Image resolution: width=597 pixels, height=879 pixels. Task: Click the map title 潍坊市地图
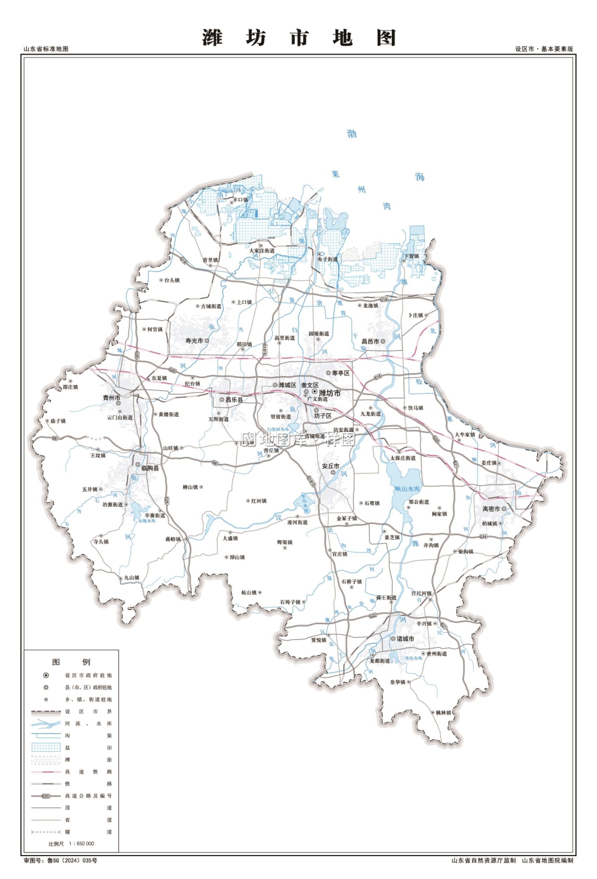pyautogui.click(x=299, y=38)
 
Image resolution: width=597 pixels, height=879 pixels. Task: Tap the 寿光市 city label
pyautogui.click(x=194, y=340)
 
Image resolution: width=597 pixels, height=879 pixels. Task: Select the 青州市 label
pyautogui.click(x=111, y=398)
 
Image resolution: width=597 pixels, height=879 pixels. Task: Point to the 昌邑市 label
pyautogui.click(x=370, y=341)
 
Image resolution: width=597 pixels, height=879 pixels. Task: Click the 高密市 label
pyautogui.click(x=491, y=509)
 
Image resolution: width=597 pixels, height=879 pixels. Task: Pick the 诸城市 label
pyautogui.click(x=405, y=639)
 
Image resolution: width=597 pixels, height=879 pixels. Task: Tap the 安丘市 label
pyautogui.click(x=330, y=466)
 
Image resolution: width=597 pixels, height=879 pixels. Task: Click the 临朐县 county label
pyautogui.click(x=150, y=468)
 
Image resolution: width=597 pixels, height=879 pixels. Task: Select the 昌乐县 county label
pyautogui.click(x=234, y=400)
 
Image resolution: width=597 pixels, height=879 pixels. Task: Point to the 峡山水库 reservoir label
pyautogui.click(x=406, y=488)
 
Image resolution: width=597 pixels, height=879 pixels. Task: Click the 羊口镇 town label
pyautogui.click(x=240, y=200)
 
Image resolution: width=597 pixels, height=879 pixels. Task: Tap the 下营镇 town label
pyautogui.click(x=411, y=256)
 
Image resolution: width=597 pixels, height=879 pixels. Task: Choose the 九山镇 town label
pyautogui.click(x=131, y=578)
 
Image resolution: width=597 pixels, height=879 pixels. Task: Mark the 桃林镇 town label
pyautogui.click(x=443, y=713)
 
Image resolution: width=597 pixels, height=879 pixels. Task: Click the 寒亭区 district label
pyautogui.click(x=341, y=373)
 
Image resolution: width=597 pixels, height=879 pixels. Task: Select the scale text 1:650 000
pyautogui.click(x=80, y=844)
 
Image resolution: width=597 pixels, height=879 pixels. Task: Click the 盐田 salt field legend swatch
pyautogui.click(x=46, y=748)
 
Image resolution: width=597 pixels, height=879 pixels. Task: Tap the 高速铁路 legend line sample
pyautogui.click(x=46, y=772)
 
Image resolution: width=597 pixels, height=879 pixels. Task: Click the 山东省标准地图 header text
pyautogui.click(x=46, y=49)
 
